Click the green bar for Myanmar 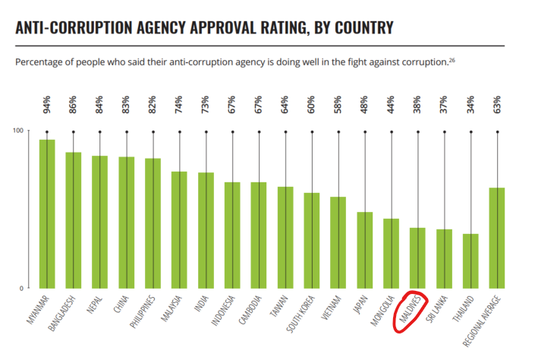(47, 213)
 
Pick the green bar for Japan (365, 250)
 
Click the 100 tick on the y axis (16, 131)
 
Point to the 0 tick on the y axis (20, 289)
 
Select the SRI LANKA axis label (439, 311)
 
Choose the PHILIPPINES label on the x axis (144, 314)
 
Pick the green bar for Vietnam (338, 242)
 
